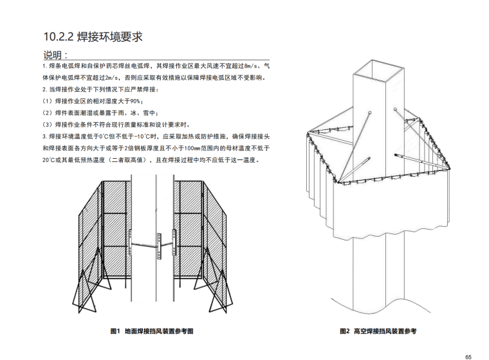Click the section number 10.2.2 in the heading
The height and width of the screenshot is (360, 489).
coord(58,36)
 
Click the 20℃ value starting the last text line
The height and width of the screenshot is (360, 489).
coord(50,160)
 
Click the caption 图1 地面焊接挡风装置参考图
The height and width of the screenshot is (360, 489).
coord(152,332)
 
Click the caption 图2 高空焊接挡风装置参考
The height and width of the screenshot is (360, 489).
coord(378,332)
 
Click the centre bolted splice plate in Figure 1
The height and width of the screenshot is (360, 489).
coord(156,245)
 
